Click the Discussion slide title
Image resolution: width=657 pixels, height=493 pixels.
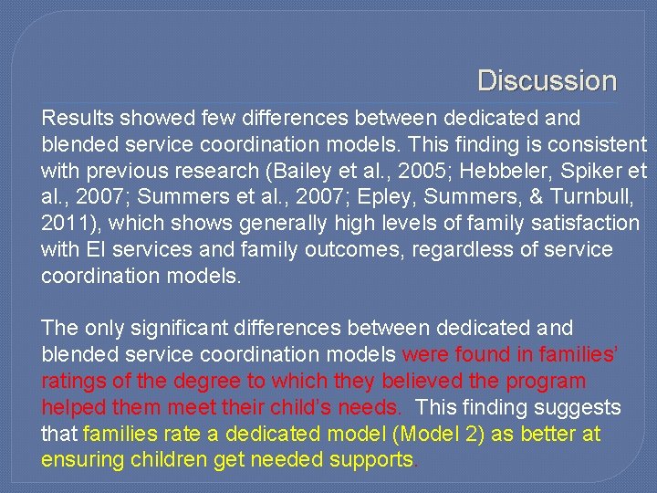click(x=547, y=80)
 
